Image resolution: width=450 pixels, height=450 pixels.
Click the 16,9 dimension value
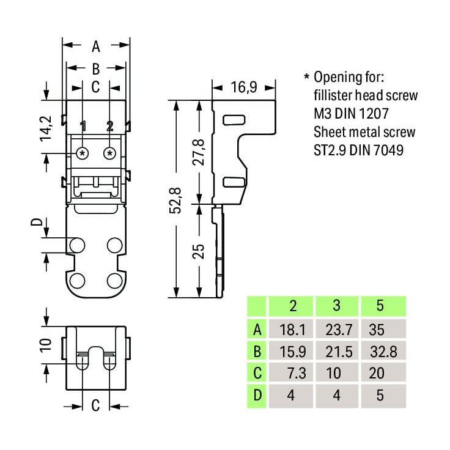coord(244,87)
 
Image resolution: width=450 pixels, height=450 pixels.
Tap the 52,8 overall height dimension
coord(175,201)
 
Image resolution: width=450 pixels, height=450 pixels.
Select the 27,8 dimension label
coord(198,152)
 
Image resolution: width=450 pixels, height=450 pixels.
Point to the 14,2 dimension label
coord(46,128)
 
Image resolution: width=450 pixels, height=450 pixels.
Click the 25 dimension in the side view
coord(198,251)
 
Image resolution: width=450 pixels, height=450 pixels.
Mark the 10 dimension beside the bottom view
coord(46,345)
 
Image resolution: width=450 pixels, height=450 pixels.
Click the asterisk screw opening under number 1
coord(83,153)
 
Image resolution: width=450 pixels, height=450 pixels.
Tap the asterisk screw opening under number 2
coord(109,153)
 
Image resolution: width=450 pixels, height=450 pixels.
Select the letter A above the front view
coord(96,46)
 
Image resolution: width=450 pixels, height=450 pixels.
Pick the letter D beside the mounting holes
coord(37,222)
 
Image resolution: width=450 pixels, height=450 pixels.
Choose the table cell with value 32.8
coord(383,352)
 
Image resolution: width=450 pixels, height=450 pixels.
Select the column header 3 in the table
coord(337,305)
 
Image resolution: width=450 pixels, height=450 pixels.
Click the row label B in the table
coord(257,352)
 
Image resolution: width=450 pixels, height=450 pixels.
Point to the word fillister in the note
coord(333,95)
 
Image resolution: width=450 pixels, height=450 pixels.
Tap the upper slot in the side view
coord(234,120)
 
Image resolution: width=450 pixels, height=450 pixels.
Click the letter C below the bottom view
coord(95,405)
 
